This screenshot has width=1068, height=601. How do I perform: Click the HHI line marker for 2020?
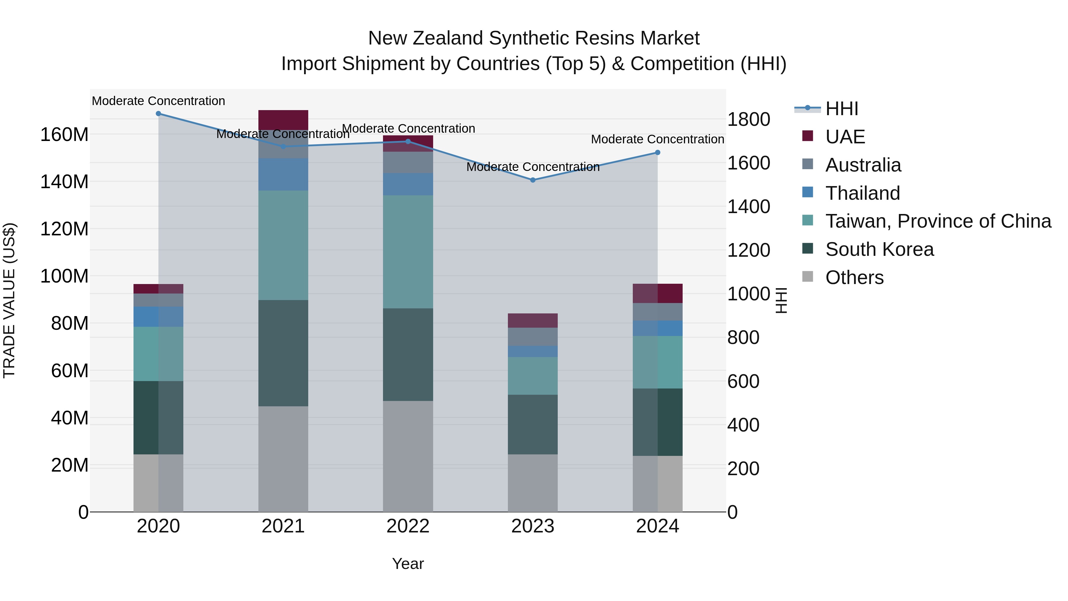[158, 114]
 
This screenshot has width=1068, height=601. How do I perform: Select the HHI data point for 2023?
[533, 180]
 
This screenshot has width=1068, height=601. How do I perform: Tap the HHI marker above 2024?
[657, 153]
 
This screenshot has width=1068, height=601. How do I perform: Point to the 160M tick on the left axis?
[64, 134]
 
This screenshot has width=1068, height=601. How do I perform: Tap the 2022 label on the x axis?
[408, 526]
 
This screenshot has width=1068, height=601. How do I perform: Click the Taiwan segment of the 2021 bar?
[283, 245]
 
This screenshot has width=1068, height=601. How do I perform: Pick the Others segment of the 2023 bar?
[533, 483]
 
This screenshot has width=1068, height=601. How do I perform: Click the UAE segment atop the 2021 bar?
[283, 120]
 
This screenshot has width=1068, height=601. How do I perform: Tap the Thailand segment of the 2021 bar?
[283, 174]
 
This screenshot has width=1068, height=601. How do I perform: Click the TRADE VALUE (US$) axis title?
[9, 300]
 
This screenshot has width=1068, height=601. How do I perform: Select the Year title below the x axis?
[408, 564]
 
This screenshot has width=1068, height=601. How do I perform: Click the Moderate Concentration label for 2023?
[533, 167]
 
